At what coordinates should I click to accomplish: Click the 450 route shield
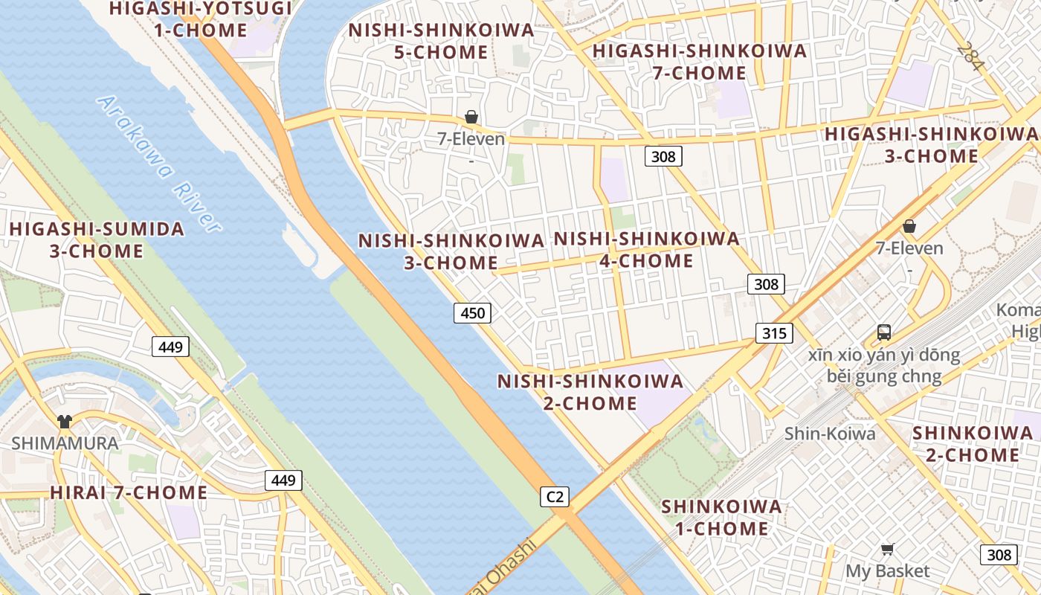[472, 313]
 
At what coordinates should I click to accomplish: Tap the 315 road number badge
[774, 333]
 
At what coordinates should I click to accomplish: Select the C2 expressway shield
[555, 496]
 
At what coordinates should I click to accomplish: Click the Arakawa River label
[159, 164]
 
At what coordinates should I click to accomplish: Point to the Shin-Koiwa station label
[830, 434]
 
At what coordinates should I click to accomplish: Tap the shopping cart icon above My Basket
[887, 550]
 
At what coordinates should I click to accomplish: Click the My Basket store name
[887, 571]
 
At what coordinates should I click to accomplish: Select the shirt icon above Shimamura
[65, 422]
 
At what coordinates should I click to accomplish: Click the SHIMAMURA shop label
[65, 443]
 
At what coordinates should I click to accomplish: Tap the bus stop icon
[883, 332]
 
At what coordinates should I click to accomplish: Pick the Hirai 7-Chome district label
[129, 492]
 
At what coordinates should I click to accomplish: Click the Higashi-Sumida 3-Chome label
[97, 239]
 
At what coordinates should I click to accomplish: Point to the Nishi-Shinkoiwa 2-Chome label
[590, 392]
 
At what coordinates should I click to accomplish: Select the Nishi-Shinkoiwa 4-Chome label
[647, 249]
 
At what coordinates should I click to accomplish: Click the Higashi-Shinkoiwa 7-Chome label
[699, 62]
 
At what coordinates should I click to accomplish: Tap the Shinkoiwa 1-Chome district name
[721, 518]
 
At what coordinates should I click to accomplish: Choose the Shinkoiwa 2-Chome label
[973, 443]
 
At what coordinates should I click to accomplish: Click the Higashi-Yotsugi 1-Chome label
[200, 19]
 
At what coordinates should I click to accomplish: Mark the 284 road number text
[970, 56]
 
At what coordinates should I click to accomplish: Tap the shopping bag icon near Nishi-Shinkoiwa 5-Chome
[471, 118]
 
